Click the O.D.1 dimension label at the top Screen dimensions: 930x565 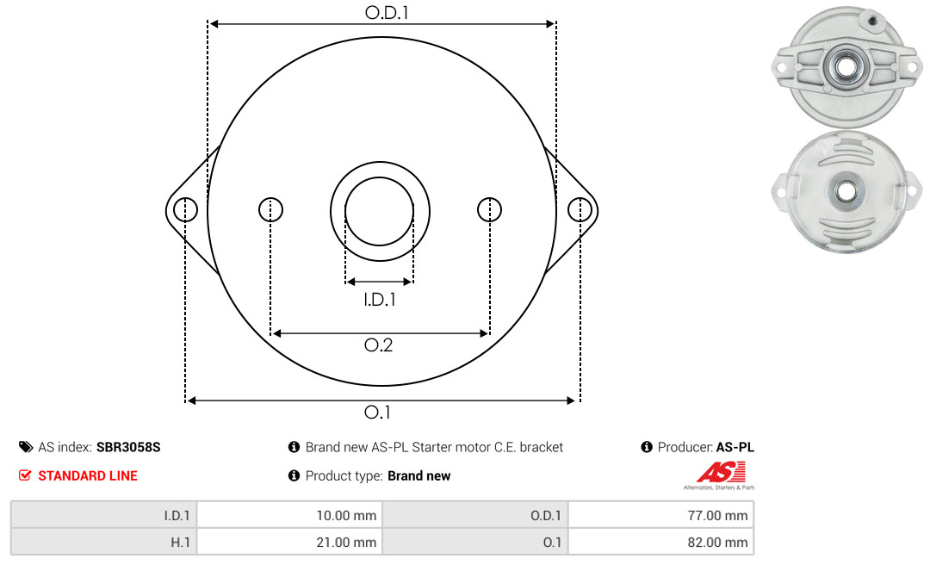click(x=387, y=12)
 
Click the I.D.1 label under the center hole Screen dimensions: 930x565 click(x=380, y=300)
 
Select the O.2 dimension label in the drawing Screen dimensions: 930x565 click(x=378, y=345)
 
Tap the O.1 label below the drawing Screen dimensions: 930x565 click(x=377, y=412)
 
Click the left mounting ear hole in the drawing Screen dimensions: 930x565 click(x=186, y=210)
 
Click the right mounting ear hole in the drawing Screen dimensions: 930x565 click(x=580, y=210)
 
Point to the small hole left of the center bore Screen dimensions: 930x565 click(x=271, y=209)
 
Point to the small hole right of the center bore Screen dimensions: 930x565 click(x=489, y=209)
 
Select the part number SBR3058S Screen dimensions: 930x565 click(x=128, y=448)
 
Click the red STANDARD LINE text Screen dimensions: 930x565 click(x=88, y=476)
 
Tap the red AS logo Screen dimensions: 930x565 click(x=721, y=473)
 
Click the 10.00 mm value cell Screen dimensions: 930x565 click(x=289, y=515)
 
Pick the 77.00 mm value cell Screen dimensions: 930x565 click(x=660, y=515)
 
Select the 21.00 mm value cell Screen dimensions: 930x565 click(x=289, y=542)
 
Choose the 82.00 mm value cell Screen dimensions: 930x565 click(x=660, y=542)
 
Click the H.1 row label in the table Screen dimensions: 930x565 click(x=180, y=543)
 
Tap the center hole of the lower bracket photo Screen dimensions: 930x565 click(x=846, y=191)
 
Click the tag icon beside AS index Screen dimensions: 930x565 click(x=26, y=447)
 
